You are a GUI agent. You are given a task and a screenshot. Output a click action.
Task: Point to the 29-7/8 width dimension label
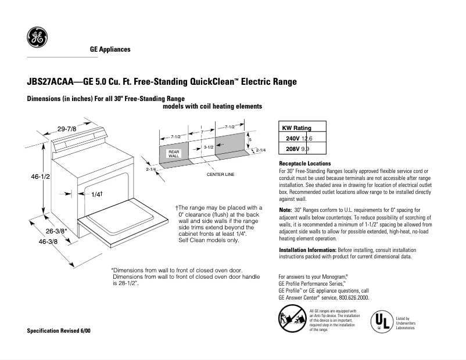point(67,128)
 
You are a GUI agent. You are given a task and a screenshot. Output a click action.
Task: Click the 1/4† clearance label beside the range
point(97,194)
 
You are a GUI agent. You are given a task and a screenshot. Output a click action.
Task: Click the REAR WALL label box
point(174,154)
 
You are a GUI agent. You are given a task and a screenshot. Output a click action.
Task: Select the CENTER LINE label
point(220,174)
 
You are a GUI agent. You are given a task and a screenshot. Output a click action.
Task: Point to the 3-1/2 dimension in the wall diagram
point(210,147)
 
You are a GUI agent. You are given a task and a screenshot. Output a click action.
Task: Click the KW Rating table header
point(296,128)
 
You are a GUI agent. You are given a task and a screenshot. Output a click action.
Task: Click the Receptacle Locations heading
point(305,164)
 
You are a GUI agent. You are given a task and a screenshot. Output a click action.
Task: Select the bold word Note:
point(285,209)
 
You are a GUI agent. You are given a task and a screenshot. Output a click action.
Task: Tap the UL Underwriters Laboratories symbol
point(381,321)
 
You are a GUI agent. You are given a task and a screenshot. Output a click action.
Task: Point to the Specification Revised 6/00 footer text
point(59,330)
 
